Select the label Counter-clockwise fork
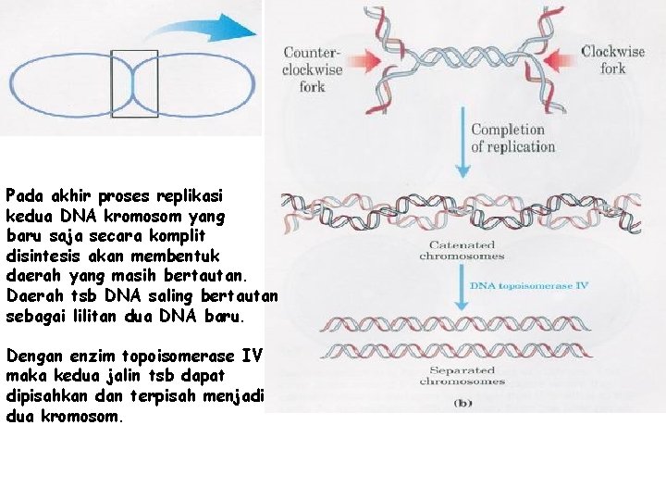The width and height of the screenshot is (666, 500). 313,69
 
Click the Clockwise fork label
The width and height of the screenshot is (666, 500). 612,60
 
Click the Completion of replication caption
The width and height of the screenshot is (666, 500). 513,138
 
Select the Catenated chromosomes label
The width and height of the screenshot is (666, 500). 461,250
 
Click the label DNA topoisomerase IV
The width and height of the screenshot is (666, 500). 530,286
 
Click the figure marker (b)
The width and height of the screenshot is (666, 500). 462,404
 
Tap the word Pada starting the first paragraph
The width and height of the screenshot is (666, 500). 23,196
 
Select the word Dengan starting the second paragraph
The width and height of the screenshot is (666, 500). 31,356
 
